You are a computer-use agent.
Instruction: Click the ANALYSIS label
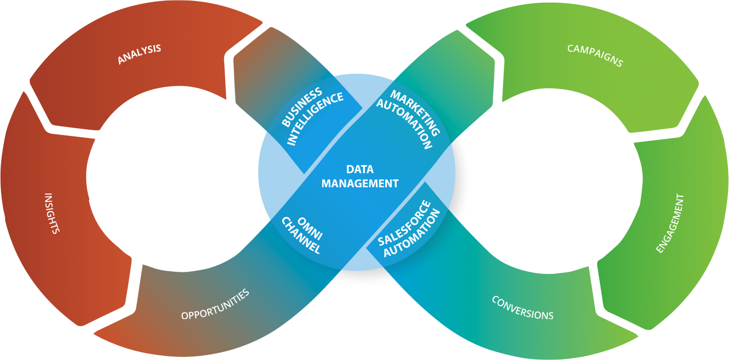[x=139, y=54]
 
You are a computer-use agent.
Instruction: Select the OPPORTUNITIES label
[x=215, y=304]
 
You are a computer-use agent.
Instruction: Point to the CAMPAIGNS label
[x=595, y=55]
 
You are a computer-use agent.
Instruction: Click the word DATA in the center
[x=360, y=170]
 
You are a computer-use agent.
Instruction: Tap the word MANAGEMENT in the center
[x=360, y=183]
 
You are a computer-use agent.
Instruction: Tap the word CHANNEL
[x=302, y=236]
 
